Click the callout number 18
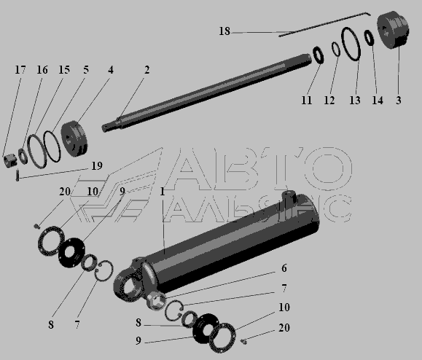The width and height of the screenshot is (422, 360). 224,31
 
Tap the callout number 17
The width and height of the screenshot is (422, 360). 20,70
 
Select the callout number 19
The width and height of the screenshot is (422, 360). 97,165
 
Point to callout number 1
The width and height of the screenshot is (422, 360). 162,192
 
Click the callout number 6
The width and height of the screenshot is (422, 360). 284,268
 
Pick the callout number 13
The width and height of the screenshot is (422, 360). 355,101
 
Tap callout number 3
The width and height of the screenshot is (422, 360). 399,100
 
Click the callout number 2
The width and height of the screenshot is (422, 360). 146,70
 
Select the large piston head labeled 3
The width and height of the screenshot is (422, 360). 393,30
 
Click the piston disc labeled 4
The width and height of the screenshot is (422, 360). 74,139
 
